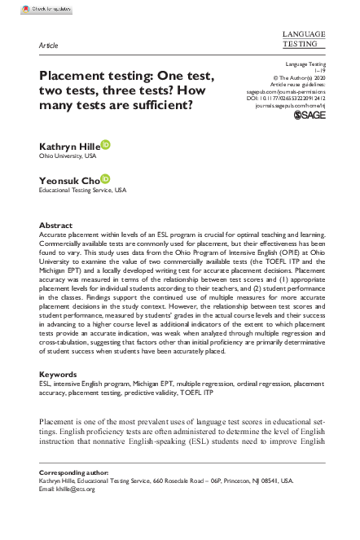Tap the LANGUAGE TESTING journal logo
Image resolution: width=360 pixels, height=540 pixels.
[303, 37]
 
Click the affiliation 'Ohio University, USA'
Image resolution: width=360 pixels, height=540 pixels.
[68, 156]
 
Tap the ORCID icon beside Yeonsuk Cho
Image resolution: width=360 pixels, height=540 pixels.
[105, 178]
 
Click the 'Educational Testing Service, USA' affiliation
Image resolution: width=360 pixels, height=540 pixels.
[83, 190]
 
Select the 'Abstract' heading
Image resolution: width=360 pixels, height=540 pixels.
[55, 225]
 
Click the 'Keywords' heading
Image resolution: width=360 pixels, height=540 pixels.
[58, 375]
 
